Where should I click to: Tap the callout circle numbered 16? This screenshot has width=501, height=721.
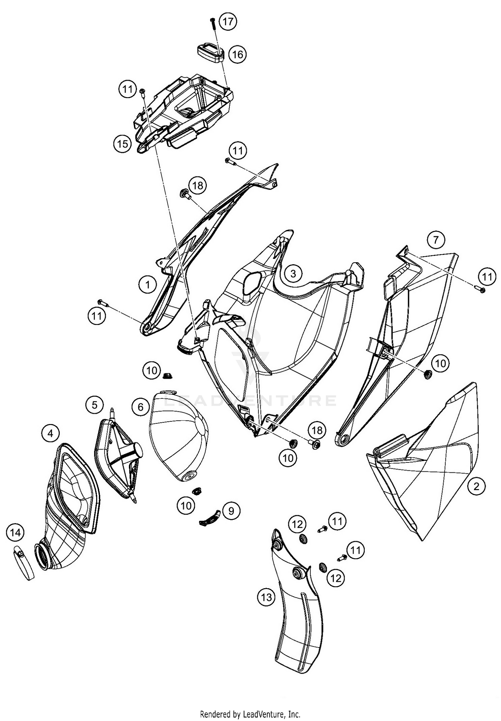pos(237,54)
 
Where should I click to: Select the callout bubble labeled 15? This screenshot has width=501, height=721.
pos(123,144)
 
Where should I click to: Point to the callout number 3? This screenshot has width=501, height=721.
pos(293,274)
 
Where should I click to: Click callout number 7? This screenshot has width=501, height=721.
pos(436,240)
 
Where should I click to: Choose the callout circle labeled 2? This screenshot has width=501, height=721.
pos(476,486)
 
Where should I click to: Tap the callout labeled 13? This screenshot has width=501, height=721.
pos(267,597)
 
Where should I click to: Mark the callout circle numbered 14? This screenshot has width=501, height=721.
pos(16,532)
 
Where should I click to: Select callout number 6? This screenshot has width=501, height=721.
pos(141,407)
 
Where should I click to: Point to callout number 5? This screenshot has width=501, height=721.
pos(95,405)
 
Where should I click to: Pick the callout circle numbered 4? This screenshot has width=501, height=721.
pos(50,433)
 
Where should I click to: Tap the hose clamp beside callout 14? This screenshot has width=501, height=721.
pos(23,563)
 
